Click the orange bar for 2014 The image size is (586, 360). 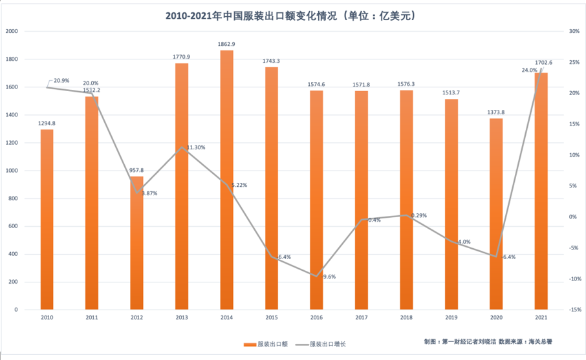point(226,181)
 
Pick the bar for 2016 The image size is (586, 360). point(316,200)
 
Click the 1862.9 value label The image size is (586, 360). point(226,44)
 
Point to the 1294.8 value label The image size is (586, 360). point(47,123)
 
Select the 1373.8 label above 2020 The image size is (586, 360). point(496,112)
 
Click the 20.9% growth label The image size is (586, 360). point(61,81)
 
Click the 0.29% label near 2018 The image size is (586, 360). point(418,215)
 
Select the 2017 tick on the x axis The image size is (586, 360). point(361,318)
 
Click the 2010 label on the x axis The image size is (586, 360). point(47,318)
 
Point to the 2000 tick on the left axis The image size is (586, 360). point(13,31)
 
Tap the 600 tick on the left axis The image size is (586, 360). point(14,226)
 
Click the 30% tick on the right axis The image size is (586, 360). point(573,31)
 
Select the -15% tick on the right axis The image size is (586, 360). point(573,310)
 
